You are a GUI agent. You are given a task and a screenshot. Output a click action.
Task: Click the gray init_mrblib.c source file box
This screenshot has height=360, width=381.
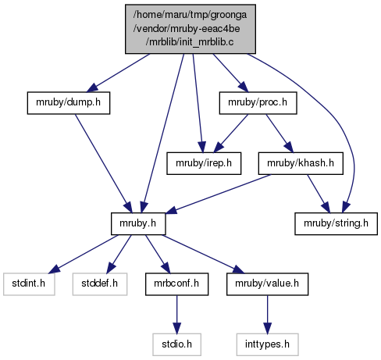(190, 29)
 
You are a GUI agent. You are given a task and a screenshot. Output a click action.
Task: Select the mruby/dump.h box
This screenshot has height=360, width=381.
(69, 103)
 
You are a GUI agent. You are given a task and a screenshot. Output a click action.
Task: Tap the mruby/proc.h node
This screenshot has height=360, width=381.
(258, 103)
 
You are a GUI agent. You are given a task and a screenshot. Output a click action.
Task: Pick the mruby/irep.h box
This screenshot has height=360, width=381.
(204, 163)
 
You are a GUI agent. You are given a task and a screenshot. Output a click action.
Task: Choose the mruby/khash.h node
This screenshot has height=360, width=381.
(301, 163)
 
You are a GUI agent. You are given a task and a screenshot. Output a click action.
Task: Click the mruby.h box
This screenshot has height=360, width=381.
(138, 223)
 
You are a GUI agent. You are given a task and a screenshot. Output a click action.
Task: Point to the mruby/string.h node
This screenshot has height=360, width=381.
(336, 223)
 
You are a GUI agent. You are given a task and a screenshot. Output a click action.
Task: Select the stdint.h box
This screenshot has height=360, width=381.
(29, 284)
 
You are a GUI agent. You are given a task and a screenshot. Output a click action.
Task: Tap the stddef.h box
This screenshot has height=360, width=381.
(100, 284)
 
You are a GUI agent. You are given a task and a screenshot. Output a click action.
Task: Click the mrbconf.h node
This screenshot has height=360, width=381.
(176, 284)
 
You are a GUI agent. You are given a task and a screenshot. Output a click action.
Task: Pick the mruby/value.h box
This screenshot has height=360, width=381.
(267, 284)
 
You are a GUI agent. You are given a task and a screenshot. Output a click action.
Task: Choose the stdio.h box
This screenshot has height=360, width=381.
(176, 344)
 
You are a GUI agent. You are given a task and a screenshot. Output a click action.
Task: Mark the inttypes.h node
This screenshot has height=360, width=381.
(267, 344)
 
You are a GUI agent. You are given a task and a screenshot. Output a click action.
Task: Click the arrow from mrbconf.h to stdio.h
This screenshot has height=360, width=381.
(176, 315)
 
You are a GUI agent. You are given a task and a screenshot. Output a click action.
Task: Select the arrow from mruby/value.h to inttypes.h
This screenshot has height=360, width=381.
(267, 315)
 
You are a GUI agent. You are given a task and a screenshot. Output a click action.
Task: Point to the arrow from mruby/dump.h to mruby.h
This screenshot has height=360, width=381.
(104, 163)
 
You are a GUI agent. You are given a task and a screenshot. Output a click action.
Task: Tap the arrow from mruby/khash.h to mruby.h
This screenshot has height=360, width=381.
(218, 194)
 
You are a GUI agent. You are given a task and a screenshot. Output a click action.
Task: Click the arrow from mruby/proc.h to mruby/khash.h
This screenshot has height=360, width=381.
(280, 133)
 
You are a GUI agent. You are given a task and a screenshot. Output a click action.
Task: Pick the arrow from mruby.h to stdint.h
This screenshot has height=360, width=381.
(84, 254)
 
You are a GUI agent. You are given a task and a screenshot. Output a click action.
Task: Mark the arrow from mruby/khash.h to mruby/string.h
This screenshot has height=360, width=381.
(319, 194)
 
